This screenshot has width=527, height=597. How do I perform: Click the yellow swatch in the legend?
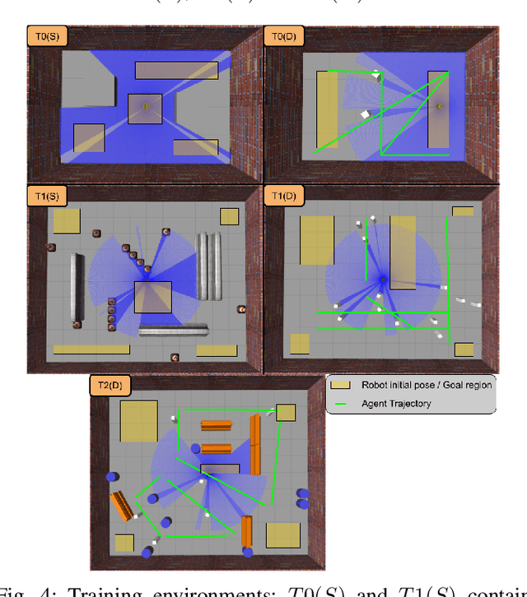tap(341, 385)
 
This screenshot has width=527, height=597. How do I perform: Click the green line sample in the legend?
tap(341, 404)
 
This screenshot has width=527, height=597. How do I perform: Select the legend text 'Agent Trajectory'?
tap(396, 404)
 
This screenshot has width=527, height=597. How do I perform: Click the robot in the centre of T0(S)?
tap(147, 106)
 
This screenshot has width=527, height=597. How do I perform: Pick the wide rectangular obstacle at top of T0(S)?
tap(165, 70)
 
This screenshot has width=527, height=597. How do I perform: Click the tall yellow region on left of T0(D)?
tap(327, 109)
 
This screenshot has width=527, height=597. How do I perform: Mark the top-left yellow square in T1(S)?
tap(67, 220)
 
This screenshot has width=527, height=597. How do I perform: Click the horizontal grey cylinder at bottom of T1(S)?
tap(173, 331)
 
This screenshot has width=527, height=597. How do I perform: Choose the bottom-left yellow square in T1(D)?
tap(300, 343)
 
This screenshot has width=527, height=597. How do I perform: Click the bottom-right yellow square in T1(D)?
tap(464, 349)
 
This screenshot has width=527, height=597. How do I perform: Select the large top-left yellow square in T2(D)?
tap(138, 421)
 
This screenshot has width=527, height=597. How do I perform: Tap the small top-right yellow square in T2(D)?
tap(285, 413)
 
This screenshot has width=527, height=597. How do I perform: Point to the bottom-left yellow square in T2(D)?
tap(124, 543)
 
